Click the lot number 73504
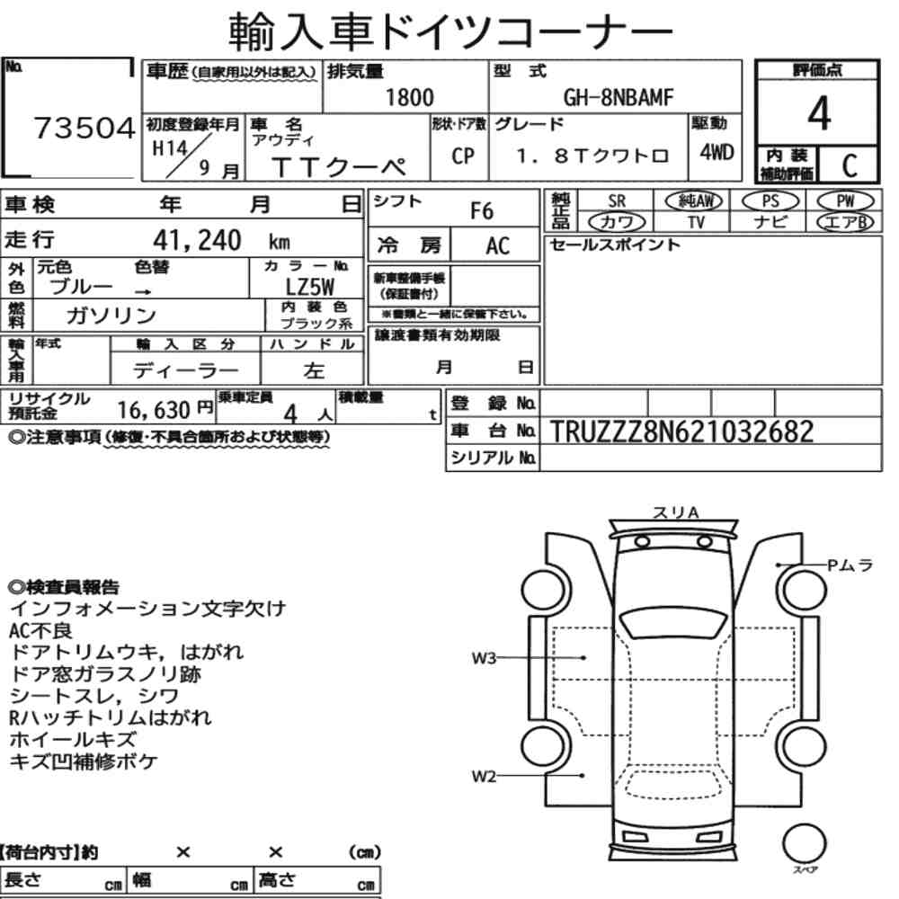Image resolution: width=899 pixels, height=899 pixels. (85, 128)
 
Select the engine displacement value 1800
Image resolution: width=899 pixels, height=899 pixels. (409, 97)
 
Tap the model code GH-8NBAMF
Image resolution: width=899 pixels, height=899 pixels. (619, 97)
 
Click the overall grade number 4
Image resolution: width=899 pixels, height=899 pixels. (819, 113)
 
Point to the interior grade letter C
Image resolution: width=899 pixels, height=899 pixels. (850, 165)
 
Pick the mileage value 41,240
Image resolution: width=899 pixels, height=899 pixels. (197, 240)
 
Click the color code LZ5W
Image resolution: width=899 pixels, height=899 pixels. (309, 287)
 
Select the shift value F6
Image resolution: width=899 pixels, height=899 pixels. (482, 211)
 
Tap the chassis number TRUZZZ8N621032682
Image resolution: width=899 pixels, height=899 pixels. (681, 432)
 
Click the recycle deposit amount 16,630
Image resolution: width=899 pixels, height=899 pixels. (154, 410)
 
